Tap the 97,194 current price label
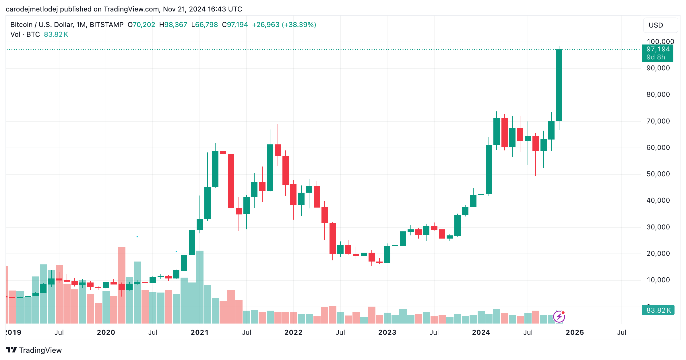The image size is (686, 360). (658, 49)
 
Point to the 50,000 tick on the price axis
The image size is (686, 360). (658, 174)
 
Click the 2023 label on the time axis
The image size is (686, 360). (387, 332)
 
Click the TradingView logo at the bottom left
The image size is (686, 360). (34, 350)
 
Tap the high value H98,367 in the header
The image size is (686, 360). (173, 25)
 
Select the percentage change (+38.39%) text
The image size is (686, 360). (299, 25)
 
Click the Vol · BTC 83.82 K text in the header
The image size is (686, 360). (39, 34)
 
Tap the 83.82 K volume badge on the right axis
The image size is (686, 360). (658, 310)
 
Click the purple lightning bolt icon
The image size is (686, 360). (559, 317)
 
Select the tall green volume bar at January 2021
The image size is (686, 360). (200, 287)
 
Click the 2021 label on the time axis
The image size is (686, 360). (199, 332)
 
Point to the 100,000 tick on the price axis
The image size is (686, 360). (660, 42)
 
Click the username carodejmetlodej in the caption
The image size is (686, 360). (32, 9)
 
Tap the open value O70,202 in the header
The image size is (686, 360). (141, 25)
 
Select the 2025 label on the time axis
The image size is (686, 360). (575, 332)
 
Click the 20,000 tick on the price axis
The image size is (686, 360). (658, 253)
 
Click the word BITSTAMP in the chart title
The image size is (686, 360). (106, 25)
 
